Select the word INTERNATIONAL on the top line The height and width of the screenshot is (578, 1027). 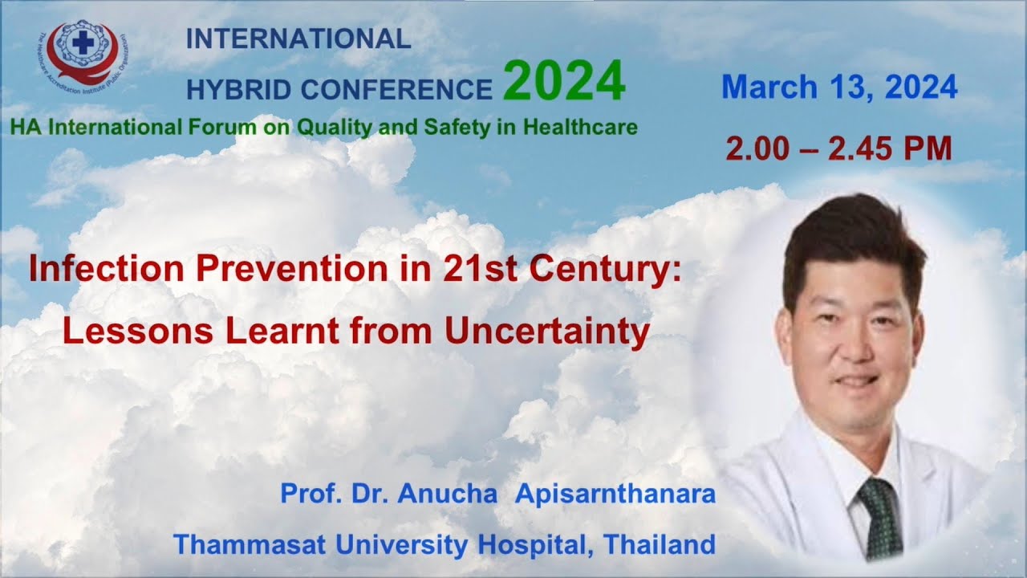(298, 39)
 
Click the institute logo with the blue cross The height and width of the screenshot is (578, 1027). (83, 51)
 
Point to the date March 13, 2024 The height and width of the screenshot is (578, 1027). (839, 88)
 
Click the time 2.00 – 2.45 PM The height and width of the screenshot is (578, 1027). (838, 149)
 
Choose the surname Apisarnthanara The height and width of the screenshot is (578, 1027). (615, 494)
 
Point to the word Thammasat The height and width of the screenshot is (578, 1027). (250, 544)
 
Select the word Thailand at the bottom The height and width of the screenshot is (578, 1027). (660, 544)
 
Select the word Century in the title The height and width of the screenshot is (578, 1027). (615, 270)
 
